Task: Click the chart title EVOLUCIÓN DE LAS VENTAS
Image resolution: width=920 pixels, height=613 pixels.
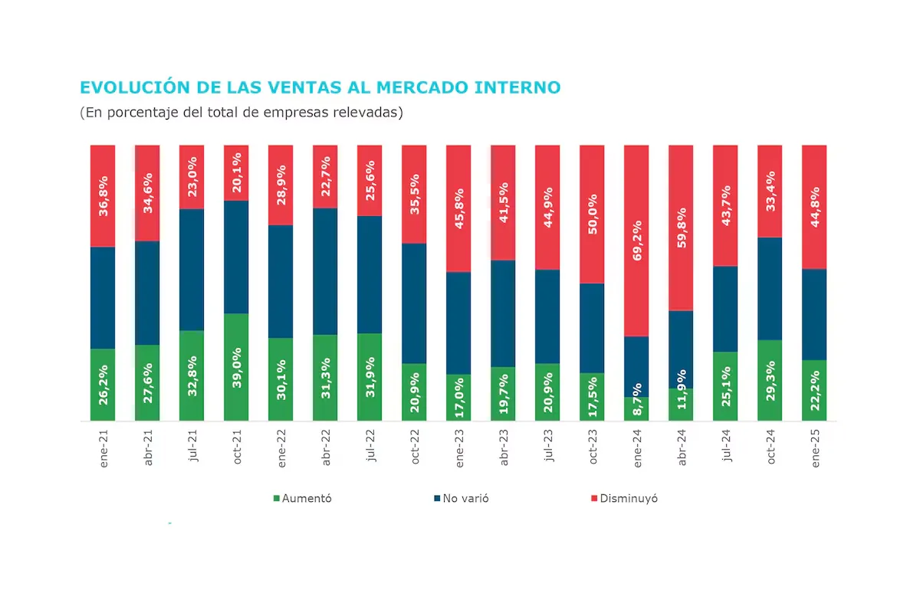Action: tap(320, 87)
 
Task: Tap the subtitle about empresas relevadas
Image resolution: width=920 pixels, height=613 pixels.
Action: tap(242, 112)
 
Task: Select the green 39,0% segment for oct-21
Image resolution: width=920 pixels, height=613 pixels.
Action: tap(237, 366)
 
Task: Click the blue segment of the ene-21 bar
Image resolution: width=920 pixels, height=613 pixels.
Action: tap(103, 297)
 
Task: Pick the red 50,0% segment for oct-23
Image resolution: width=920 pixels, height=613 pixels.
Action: tap(592, 214)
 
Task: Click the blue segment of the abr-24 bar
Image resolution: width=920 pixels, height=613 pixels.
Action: tap(681, 349)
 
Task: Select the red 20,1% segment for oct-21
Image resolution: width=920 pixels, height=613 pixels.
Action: tap(237, 172)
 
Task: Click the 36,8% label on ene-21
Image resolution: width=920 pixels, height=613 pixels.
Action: tap(103, 195)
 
